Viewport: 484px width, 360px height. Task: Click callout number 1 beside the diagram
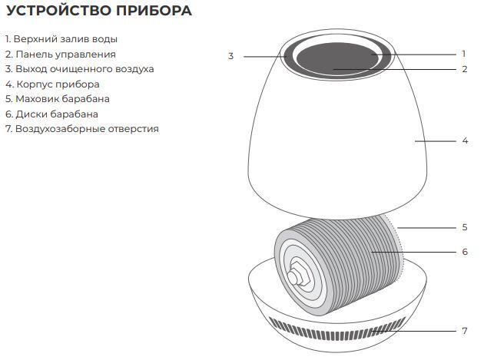point(464,54)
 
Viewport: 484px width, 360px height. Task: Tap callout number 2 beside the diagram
point(464,69)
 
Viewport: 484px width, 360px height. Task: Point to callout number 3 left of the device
point(230,56)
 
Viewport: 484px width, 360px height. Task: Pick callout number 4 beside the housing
point(465,140)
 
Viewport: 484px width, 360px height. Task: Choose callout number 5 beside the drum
point(465,227)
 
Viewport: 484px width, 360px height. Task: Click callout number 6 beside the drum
point(465,251)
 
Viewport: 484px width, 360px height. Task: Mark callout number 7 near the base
point(465,331)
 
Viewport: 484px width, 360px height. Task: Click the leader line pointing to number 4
point(434,140)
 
